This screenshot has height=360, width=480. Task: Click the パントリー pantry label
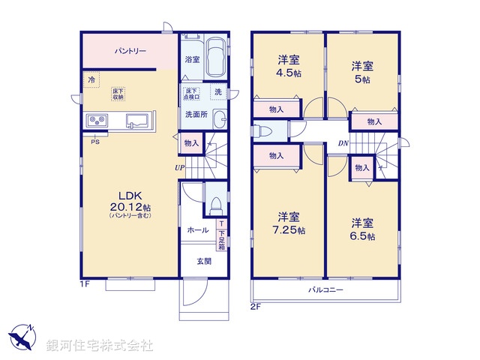(130, 51)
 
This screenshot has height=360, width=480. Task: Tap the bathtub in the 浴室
(217, 58)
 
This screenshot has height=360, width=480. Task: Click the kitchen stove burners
(97, 120)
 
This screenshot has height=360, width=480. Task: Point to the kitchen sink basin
(137, 120)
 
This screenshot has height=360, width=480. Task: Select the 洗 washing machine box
(218, 92)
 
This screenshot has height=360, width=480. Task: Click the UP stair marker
(180, 167)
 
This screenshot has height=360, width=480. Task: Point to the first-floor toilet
(214, 203)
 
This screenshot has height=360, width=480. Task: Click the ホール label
(197, 230)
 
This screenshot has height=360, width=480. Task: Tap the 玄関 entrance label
(204, 261)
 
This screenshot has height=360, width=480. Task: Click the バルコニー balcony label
(324, 289)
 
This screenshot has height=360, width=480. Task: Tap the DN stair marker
(342, 144)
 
